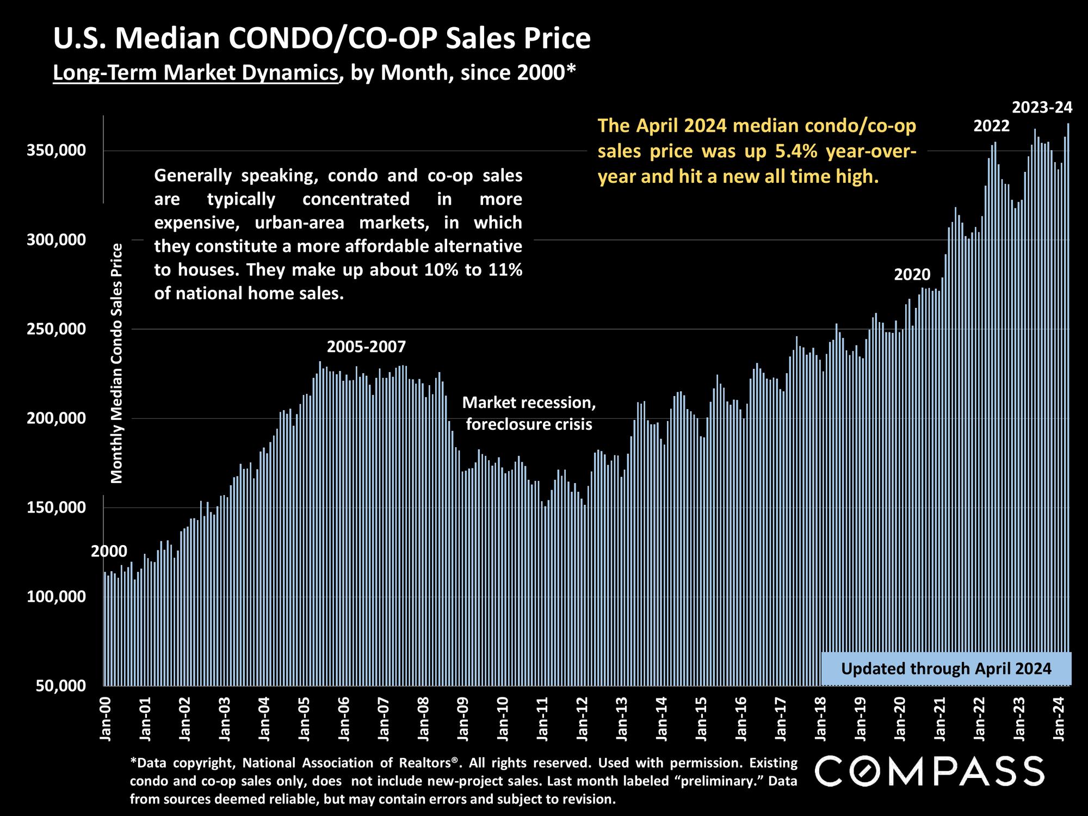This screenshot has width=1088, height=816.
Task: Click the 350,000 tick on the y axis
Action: click(x=57, y=151)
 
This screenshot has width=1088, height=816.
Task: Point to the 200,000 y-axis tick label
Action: click(x=57, y=418)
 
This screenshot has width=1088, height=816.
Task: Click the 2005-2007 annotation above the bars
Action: click(x=366, y=347)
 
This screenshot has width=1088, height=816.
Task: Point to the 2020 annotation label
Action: click(x=912, y=275)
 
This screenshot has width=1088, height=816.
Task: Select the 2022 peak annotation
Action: click(x=991, y=126)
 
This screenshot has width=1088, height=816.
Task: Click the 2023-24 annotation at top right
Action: click(x=1042, y=108)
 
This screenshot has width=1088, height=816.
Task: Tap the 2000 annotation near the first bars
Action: click(x=109, y=552)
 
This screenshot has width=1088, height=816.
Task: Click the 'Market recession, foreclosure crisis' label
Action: click(x=529, y=413)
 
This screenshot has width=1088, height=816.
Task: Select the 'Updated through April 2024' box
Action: click(x=946, y=669)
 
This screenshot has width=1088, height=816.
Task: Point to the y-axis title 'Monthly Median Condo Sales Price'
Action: click(x=117, y=363)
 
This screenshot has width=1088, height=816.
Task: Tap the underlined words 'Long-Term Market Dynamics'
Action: click(x=195, y=72)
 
